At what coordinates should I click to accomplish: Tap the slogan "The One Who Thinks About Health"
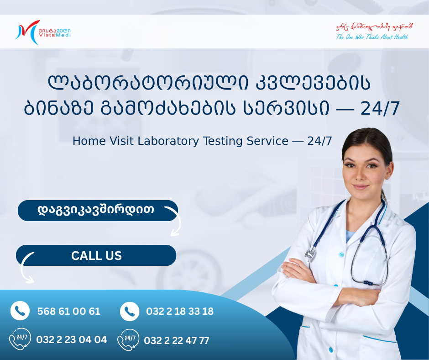[x=372, y=37]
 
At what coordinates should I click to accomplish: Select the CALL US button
[x=96, y=255]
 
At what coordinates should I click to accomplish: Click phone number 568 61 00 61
[x=69, y=312]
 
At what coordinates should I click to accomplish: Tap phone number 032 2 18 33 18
[x=180, y=312]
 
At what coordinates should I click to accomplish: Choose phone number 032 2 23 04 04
[x=72, y=340]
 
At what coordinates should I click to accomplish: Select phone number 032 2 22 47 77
[x=177, y=340]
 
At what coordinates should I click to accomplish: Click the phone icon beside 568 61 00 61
[x=20, y=311]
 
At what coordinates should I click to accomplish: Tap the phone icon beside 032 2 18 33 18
[x=130, y=312]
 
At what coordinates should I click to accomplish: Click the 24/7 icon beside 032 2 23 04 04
[x=20, y=339]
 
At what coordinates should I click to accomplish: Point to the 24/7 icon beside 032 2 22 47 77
[x=128, y=340]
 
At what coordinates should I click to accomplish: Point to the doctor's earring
[x=387, y=176]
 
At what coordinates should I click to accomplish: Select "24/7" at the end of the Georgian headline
[x=380, y=109]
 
